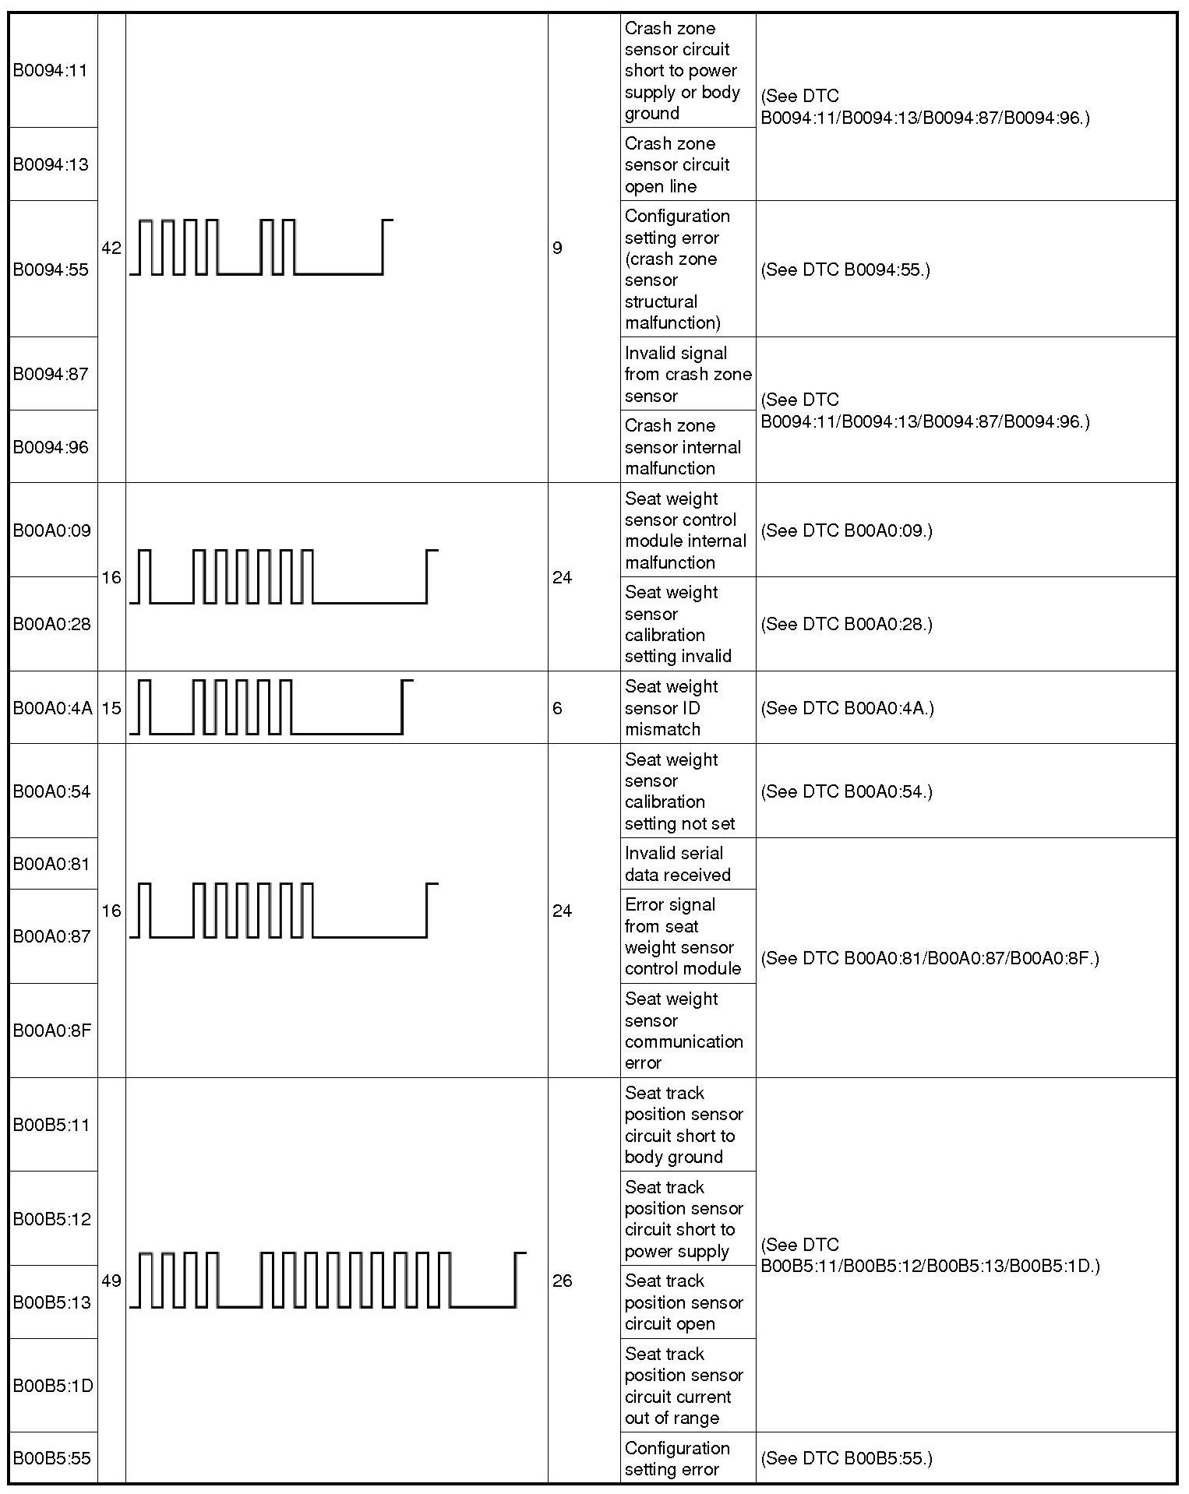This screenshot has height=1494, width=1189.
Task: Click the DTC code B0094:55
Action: [x=51, y=270]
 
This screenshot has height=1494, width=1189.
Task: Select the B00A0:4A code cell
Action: [x=52, y=708]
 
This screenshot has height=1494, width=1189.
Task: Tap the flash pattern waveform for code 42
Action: [x=261, y=247]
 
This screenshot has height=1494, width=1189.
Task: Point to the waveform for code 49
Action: [x=327, y=1280]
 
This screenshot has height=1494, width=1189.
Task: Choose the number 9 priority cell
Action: [x=557, y=248]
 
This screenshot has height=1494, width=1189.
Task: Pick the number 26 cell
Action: [x=562, y=1281]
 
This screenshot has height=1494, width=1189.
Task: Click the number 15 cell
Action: [x=111, y=708]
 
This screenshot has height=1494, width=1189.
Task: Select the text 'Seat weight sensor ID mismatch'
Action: [x=671, y=707]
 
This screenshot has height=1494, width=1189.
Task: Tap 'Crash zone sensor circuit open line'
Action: [x=677, y=164]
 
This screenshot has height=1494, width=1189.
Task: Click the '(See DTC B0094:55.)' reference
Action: [x=845, y=270]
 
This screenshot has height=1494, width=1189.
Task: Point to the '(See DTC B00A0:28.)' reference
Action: [x=846, y=624]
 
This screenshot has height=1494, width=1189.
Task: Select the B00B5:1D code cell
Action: [x=52, y=1386]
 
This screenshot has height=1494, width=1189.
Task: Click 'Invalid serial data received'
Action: [x=677, y=864]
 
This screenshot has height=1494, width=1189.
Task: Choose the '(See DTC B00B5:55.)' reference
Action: [x=846, y=1458]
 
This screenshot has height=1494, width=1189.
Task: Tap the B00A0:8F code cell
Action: [x=52, y=1031]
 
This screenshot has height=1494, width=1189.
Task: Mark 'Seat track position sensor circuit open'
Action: [x=683, y=1302]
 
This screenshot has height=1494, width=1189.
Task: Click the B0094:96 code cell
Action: [x=51, y=447]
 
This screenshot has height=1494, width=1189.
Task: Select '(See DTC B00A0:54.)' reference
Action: [x=846, y=791]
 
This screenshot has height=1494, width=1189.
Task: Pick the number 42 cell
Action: [x=111, y=248]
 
